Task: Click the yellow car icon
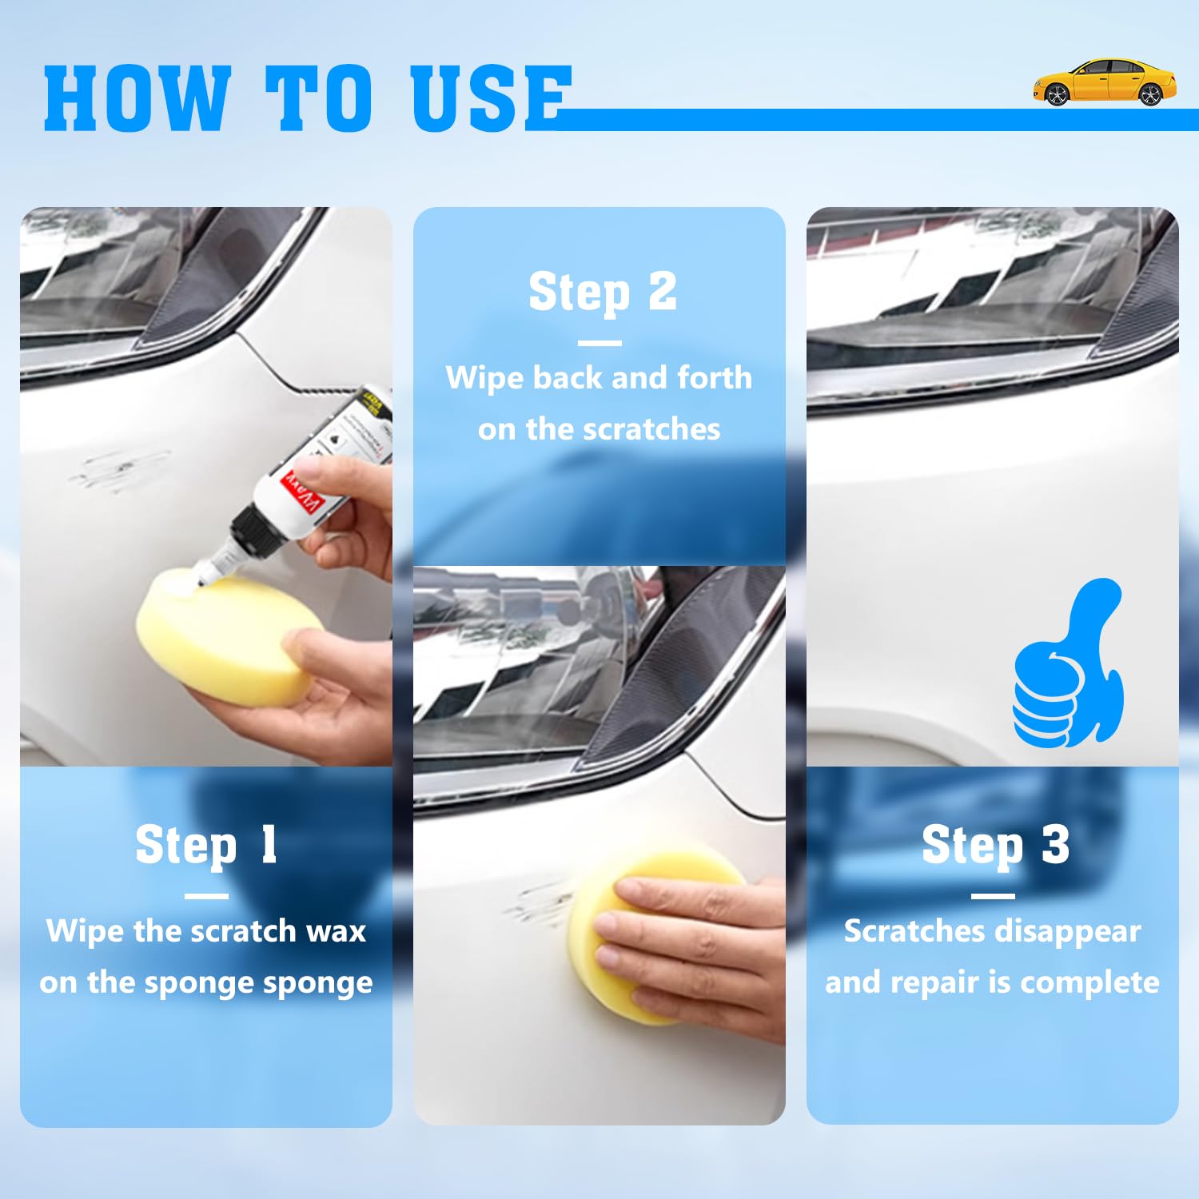click(1104, 82)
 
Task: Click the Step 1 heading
click(206, 845)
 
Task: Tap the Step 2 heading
click(602, 292)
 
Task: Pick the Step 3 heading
click(994, 845)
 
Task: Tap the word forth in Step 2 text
click(715, 377)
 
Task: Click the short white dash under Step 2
click(599, 343)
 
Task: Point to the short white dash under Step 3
click(993, 896)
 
